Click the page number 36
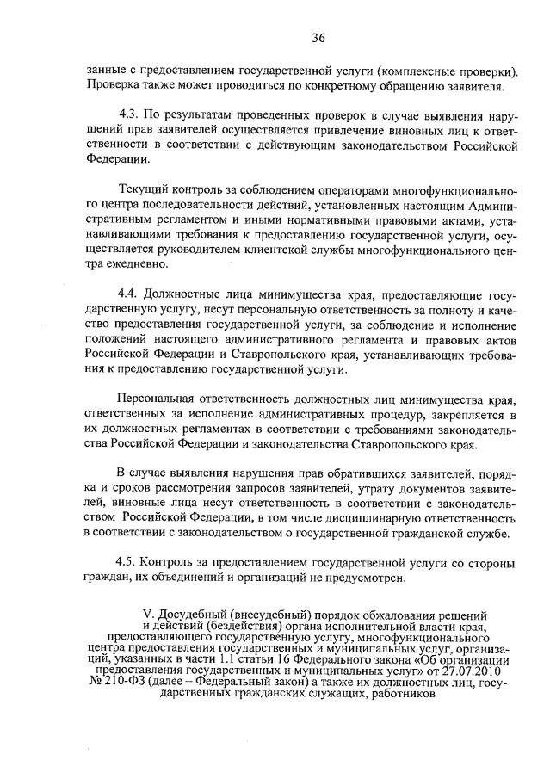point(318,38)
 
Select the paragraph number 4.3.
point(130,114)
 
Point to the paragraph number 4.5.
point(130,564)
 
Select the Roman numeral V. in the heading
point(147,615)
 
